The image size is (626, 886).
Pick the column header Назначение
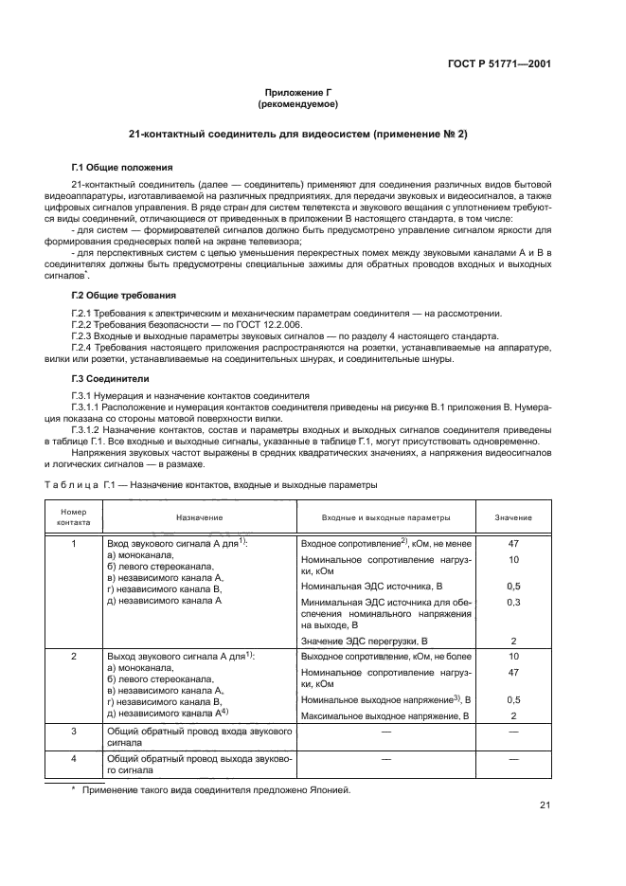[x=199, y=517]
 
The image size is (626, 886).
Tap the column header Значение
[x=513, y=517]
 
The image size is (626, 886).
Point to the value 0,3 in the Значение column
[x=513, y=601]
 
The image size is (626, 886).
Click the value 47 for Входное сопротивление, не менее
[x=513, y=545]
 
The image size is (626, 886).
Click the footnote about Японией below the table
[x=216, y=788]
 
